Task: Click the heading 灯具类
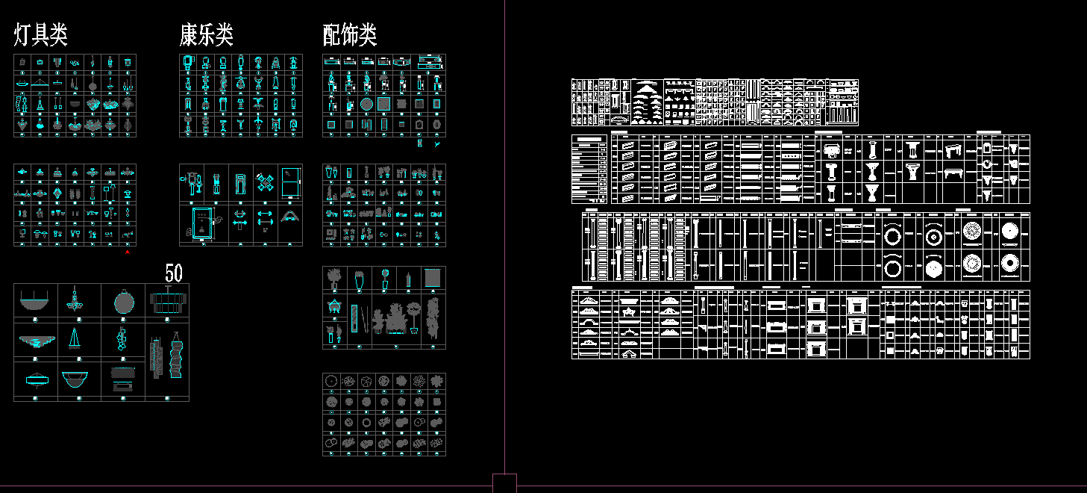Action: pos(41,34)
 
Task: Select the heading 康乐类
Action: pos(207,34)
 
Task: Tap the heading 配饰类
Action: pos(349,34)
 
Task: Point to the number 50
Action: pos(173,273)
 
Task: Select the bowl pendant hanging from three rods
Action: pos(36,301)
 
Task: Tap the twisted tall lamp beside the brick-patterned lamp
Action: pos(176,357)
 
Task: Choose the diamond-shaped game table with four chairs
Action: pos(266,182)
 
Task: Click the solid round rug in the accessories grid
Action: pos(366,104)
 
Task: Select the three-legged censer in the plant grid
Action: pos(333,307)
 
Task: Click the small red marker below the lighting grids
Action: pos(128,253)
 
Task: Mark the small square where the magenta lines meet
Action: pos(504,483)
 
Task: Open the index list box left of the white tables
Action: pos(589,169)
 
